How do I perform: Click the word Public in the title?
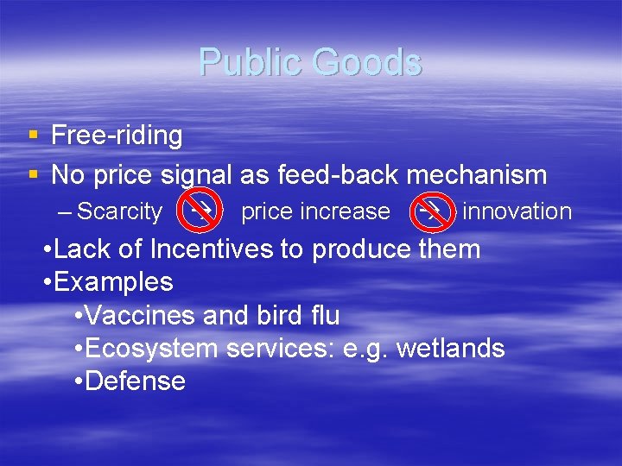(251, 63)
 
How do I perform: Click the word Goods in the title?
(368, 63)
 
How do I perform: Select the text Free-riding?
(117, 135)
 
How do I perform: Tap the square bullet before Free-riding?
(32, 135)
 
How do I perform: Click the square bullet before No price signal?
(32, 175)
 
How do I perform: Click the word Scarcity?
(119, 211)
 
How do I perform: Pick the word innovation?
(517, 211)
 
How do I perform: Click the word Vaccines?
(142, 316)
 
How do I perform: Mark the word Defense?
(136, 381)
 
